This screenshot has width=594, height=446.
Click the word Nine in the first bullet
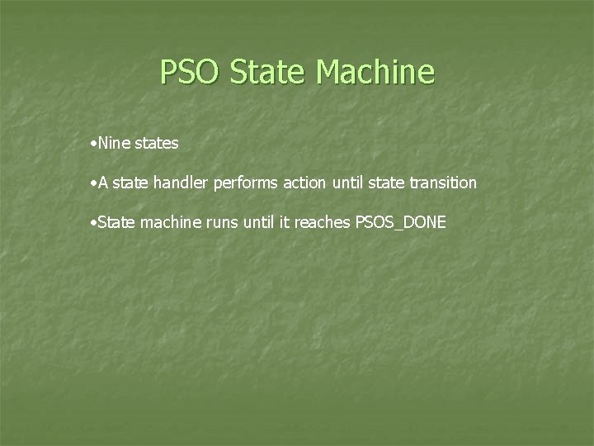tap(113, 143)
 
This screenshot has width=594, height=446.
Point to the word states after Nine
tap(156, 143)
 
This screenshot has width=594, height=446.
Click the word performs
tap(247, 183)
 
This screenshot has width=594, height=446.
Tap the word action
tap(304, 183)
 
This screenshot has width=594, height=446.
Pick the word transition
tap(443, 183)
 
